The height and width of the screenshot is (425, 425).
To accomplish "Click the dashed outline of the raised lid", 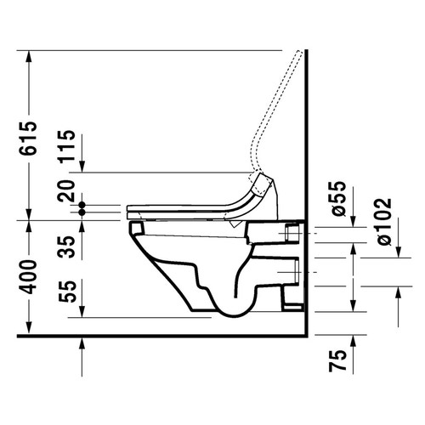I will pos(274,110).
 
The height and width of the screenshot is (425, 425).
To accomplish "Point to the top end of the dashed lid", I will pos(299,55).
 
